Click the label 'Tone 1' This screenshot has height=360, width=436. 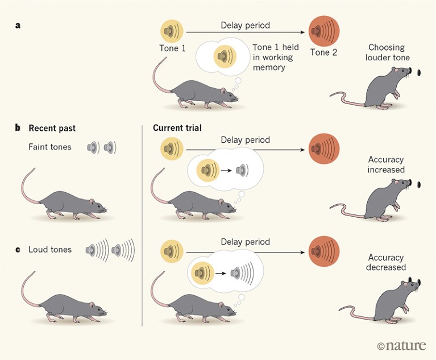(x=172, y=48)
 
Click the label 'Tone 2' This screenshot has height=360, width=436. (x=323, y=53)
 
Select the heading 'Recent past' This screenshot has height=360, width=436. (x=52, y=128)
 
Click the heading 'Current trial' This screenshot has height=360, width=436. (x=177, y=128)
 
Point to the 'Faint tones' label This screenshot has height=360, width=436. (x=50, y=147)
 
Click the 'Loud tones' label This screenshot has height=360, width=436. (x=50, y=249)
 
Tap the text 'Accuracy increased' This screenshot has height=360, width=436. (x=386, y=165)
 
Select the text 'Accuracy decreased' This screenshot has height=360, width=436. (x=387, y=262)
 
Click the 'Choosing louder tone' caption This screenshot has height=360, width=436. (x=389, y=53)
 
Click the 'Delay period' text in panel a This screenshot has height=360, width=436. (x=245, y=24)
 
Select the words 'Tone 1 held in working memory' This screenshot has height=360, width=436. (x=270, y=57)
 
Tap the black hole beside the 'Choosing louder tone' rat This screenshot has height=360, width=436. (x=420, y=73)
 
